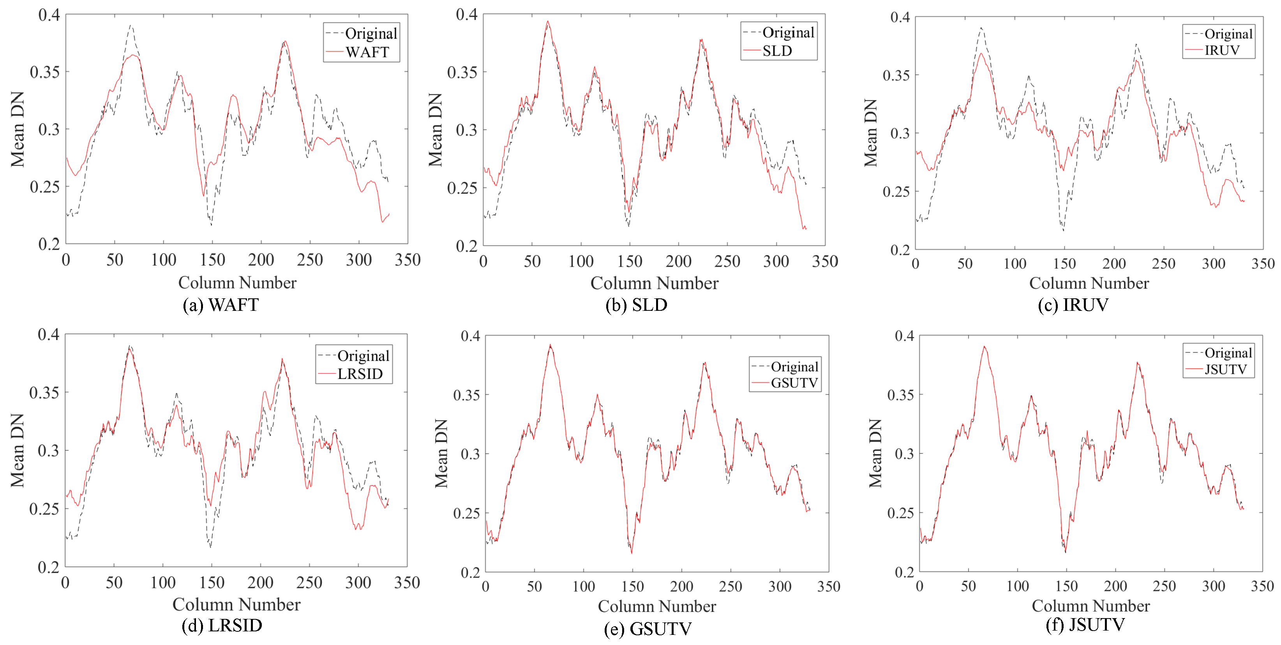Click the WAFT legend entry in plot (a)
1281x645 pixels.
(x=367, y=52)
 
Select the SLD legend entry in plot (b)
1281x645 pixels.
(x=777, y=51)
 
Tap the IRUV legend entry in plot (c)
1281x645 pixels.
(x=1221, y=50)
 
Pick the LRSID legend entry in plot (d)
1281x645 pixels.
(x=360, y=374)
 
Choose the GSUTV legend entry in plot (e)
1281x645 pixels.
(x=794, y=383)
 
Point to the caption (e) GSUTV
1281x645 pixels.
(x=648, y=629)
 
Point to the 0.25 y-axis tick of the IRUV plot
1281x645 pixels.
(x=896, y=192)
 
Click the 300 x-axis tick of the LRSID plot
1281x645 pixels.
(x=358, y=583)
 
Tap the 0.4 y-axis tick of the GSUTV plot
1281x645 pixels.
(x=470, y=337)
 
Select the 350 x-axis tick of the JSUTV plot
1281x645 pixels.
(x=1262, y=586)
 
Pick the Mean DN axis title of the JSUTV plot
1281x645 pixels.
(x=875, y=453)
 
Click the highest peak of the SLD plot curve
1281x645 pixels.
(x=547, y=22)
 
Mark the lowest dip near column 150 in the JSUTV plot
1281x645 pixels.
(x=1065, y=551)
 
